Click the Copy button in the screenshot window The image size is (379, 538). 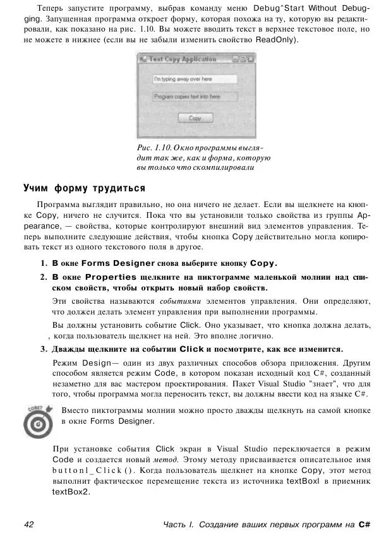coord(195,118)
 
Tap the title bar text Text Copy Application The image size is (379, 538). coord(183,59)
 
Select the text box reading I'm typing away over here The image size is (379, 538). coord(195,79)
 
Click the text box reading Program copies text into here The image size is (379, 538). coord(195,97)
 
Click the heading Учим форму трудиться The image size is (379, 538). coord(84,188)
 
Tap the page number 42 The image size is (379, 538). coord(29,524)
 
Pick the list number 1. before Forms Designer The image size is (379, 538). coord(45,263)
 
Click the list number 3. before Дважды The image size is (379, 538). coord(45,349)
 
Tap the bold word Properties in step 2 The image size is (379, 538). coord(102,277)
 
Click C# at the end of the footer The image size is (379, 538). coord(363,524)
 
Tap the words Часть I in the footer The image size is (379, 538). coord(179,524)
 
